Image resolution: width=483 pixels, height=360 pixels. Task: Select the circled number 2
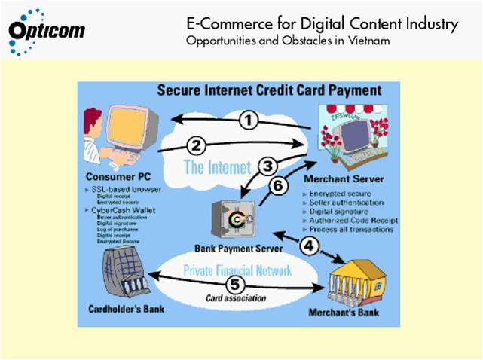coord(195,144)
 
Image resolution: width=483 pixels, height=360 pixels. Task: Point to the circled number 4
coord(309,246)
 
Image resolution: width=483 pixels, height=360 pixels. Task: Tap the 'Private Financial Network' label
coord(236,269)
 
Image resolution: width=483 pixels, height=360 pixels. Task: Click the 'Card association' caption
coord(235,298)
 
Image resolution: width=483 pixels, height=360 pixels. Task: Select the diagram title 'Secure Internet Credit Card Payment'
coord(268,90)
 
